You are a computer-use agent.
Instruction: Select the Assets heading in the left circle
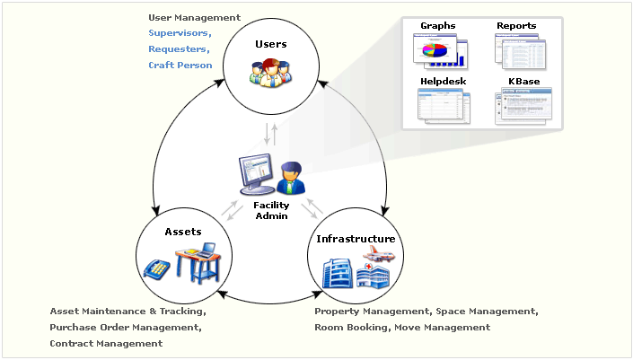point(183,232)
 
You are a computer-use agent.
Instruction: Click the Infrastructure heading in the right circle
point(356,239)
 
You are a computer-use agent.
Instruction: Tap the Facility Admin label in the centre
point(270,210)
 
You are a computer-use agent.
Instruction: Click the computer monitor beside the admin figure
point(256,175)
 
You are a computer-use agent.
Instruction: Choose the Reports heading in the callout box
point(516,25)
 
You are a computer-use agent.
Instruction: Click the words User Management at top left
point(194,17)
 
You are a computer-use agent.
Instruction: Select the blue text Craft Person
point(180,66)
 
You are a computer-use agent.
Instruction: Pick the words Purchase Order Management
point(125,328)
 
